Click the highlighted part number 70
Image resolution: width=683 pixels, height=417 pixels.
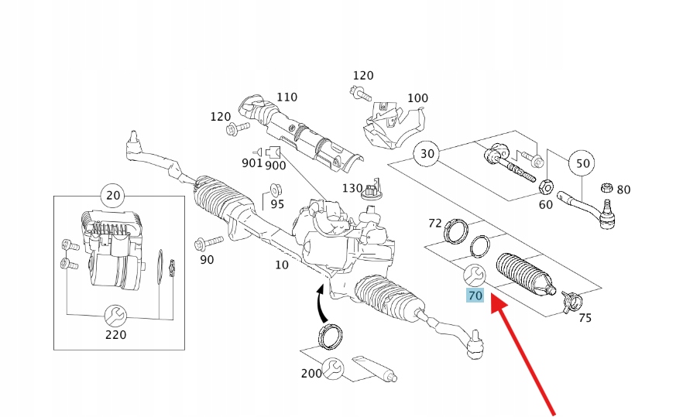(x=475, y=295)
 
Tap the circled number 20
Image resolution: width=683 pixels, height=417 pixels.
(x=113, y=196)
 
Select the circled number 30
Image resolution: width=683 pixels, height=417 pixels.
(x=427, y=154)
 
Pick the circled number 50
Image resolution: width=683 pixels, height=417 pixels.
(x=583, y=163)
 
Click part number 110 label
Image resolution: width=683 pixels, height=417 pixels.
(x=287, y=97)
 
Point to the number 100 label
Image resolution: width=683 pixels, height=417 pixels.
(x=417, y=97)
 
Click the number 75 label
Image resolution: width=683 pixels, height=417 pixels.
(x=585, y=317)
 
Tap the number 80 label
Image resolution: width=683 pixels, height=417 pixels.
(x=623, y=190)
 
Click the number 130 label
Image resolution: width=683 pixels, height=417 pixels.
(x=352, y=188)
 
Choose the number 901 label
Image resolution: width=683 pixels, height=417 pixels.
(x=252, y=163)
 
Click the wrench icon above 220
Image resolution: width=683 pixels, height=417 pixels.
(x=115, y=315)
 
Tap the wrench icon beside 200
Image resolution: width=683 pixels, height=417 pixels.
(x=335, y=368)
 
